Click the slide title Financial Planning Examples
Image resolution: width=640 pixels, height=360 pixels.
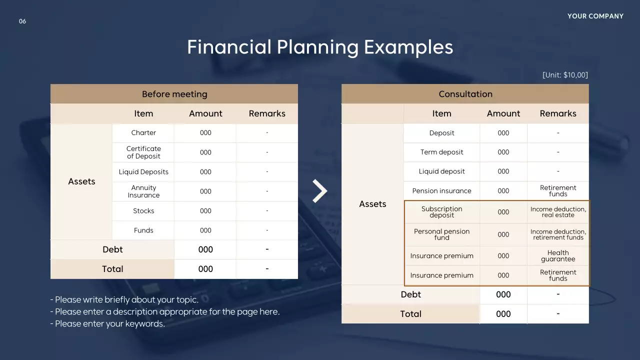pos(320,47)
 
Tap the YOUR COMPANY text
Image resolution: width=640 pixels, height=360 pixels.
pos(595,16)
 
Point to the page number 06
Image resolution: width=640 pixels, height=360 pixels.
pos(22,21)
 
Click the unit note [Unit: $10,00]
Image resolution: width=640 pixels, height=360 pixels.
pos(565,75)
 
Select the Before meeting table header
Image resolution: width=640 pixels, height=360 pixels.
pos(174,94)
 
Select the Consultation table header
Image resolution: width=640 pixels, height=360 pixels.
pos(465,94)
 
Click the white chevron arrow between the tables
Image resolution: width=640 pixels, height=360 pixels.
pos(319,191)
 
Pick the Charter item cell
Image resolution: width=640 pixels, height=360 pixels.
pos(143,133)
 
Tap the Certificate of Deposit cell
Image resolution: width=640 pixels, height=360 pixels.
pos(143,152)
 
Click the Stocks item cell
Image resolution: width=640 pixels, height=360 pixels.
pos(143,211)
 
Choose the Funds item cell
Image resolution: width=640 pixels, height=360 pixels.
pos(143,230)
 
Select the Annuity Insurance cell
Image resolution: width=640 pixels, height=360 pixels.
pos(143,191)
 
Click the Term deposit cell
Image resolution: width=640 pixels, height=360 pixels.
pos(441,152)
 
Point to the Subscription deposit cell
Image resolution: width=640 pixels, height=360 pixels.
pos(441,212)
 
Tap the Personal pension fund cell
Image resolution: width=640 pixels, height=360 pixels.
pos(441,234)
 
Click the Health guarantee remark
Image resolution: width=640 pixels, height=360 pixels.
pos(558,256)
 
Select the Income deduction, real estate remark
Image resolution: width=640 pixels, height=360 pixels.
pos(558,212)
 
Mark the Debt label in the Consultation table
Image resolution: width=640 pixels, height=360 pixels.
pos(410,294)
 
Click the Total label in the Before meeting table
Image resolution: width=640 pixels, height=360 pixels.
pos(112,269)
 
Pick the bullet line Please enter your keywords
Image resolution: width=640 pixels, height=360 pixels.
pos(108,324)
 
